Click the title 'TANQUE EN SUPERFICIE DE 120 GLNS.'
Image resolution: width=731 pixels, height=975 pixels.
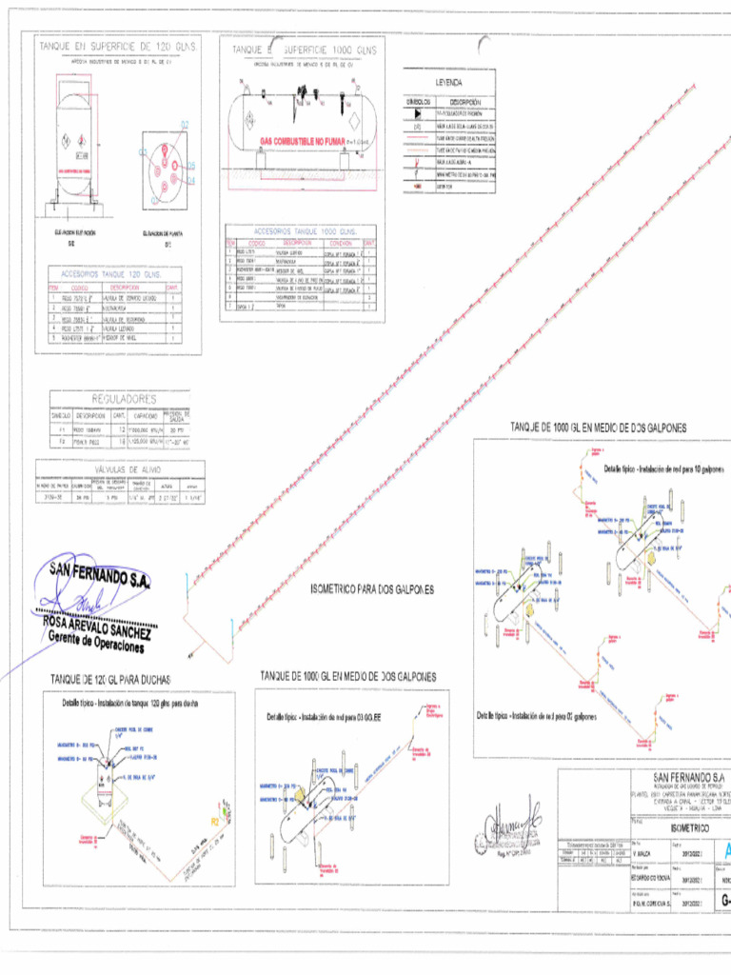coord(117,46)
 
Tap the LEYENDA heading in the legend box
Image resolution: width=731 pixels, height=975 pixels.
coord(448,84)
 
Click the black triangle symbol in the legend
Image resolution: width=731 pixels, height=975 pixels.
coord(416,112)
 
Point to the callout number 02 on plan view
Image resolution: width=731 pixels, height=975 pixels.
coord(184,126)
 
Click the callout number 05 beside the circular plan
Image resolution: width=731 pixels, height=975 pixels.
coord(191,166)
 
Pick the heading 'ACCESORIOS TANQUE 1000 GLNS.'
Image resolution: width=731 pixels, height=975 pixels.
coord(305,231)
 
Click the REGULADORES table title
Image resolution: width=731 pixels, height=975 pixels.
coord(123,400)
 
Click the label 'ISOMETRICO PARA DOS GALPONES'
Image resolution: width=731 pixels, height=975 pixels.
coord(373,589)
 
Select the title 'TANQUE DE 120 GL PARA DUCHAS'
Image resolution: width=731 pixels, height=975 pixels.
coord(110,679)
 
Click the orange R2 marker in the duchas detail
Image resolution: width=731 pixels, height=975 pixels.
coord(214,818)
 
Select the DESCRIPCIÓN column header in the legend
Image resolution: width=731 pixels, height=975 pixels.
coord(464,102)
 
